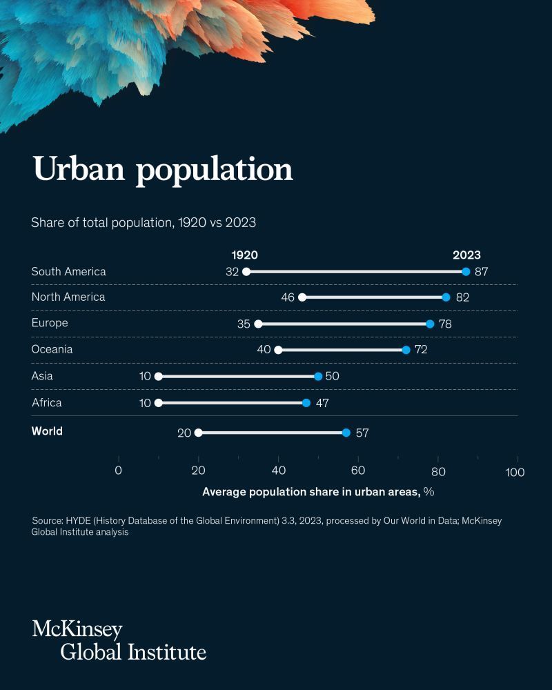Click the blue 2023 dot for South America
[x=466, y=272]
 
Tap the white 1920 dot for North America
[x=302, y=297]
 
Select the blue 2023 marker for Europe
[x=430, y=324]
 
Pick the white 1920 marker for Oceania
[x=278, y=350]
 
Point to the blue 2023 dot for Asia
[x=318, y=376]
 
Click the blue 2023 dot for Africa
[x=306, y=402]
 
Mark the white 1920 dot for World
[x=199, y=433]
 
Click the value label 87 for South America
[x=481, y=272]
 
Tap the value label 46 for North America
[x=287, y=297]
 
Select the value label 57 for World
[x=363, y=433]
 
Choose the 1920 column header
[x=244, y=255]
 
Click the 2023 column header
[x=466, y=255]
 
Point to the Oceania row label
[x=52, y=349]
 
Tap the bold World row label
[x=47, y=431]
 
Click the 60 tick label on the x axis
[x=358, y=471]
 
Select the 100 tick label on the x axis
[x=515, y=472]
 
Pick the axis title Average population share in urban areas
[x=311, y=492]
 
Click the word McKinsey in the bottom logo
[x=77, y=629]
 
